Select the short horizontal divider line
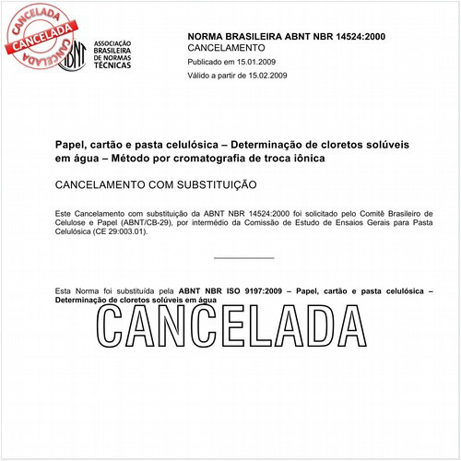coord(243,258)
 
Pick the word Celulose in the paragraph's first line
coord(74,222)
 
